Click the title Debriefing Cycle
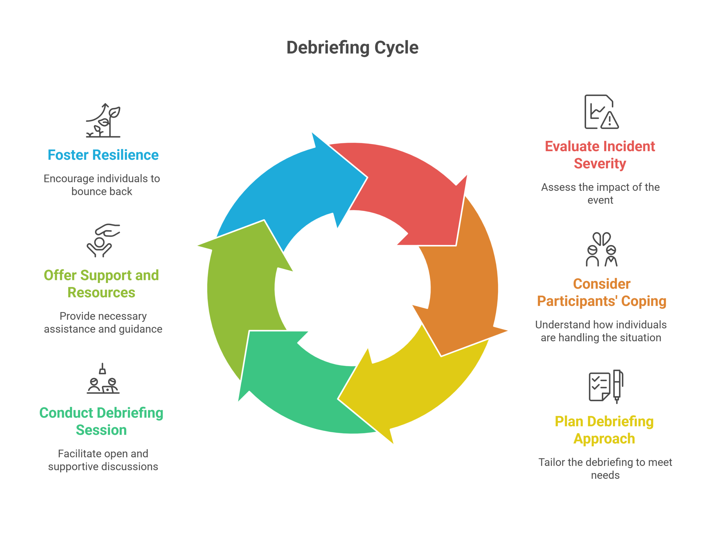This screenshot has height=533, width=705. (352, 48)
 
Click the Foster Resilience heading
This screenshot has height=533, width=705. (103, 155)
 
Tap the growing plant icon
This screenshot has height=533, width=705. (103, 120)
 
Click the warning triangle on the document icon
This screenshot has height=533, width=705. (610, 120)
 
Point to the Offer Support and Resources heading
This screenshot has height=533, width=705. (101, 284)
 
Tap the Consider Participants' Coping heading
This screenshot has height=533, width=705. (601, 292)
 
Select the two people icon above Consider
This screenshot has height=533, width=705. (601, 249)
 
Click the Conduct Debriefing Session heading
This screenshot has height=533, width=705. (101, 421)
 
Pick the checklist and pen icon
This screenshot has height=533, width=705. (606, 387)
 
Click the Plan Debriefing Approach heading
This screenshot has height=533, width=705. (604, 430)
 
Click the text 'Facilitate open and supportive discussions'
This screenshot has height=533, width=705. (103, 460)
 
